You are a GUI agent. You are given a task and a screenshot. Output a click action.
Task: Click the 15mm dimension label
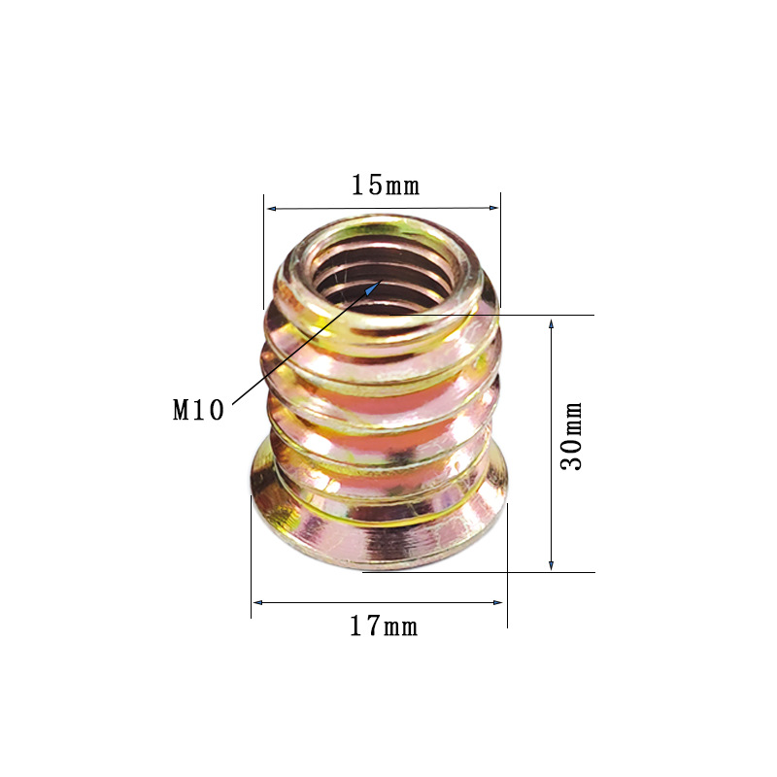[x=385, y=186]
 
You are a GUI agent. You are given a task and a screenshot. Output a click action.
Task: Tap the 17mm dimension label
[x=384, y=625]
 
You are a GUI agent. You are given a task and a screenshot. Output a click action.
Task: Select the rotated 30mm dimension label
[x=571, y=436]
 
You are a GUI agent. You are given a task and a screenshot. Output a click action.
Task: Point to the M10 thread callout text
[x=198, y=410]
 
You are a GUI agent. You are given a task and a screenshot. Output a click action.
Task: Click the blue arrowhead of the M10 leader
[x=373, y=287]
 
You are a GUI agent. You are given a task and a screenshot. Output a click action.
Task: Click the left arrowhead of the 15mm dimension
[x=272, y=209]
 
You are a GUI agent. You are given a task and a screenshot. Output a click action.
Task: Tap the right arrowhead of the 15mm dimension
[x=493, y=208]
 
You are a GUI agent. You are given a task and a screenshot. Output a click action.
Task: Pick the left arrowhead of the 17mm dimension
[x=257, y=602]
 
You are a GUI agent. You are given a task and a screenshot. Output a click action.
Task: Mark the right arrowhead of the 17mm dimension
[x=497, y=602]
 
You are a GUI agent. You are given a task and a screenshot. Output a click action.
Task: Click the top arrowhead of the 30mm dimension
[x=551, y=324]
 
